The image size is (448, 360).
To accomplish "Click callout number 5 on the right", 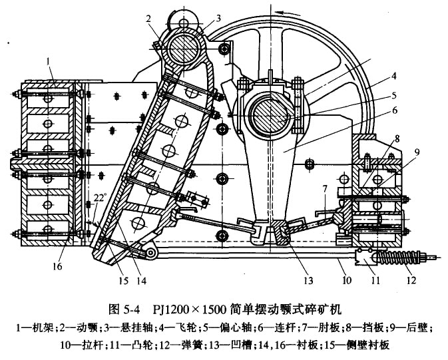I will tap(393, 95).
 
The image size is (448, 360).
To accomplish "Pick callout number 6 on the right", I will tap(393, 111).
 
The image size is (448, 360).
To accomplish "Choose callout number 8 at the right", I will tap(397, 140).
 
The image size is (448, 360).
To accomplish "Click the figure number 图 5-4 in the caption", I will tap(124, 309).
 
